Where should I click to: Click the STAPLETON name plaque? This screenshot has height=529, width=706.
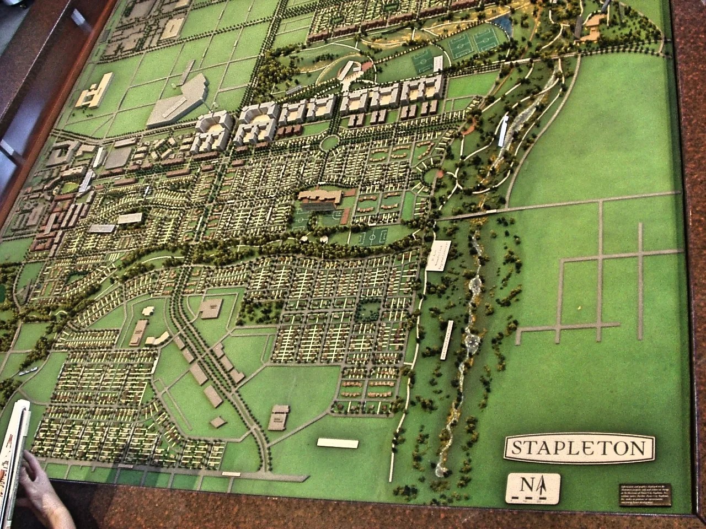pos(579,447)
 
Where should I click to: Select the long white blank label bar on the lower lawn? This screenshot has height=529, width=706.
pos(338,442)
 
